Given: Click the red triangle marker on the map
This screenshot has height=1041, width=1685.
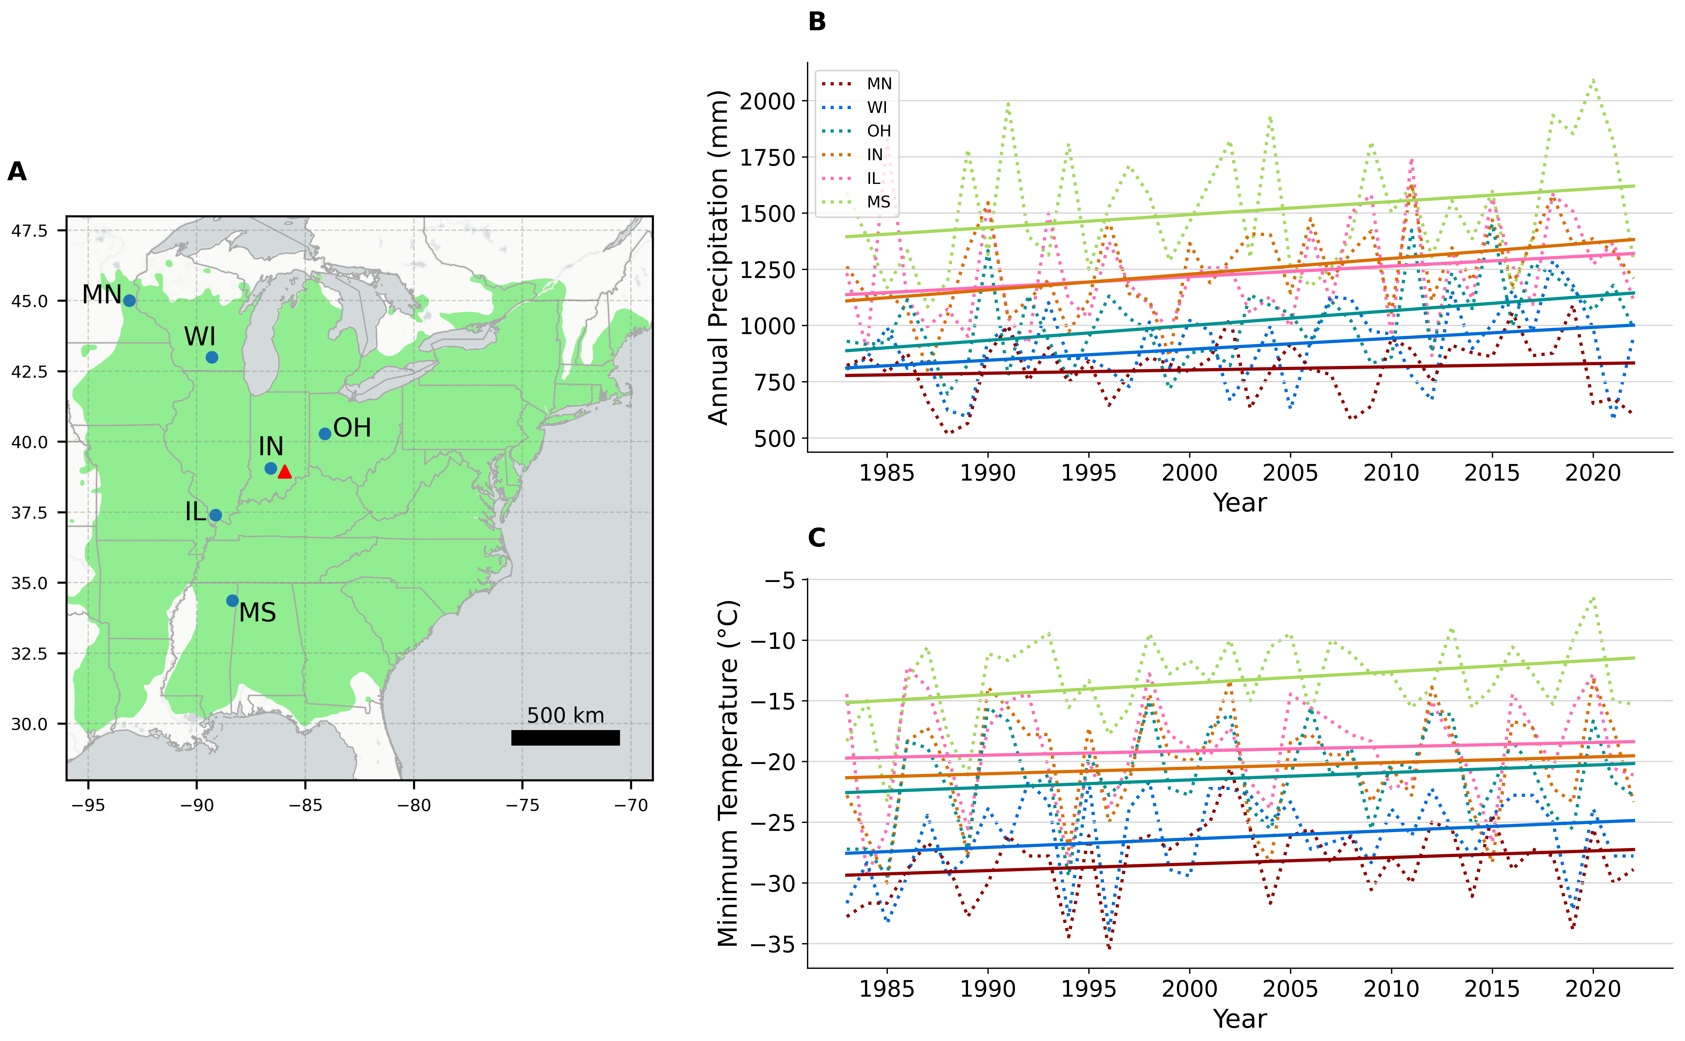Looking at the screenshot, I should point(284,472).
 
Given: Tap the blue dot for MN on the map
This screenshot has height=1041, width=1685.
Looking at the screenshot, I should point(129,301).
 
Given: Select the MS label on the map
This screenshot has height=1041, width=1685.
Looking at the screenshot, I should point(258,612).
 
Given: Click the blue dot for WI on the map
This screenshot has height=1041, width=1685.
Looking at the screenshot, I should point(212,357).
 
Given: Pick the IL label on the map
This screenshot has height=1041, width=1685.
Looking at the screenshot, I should point(196,512).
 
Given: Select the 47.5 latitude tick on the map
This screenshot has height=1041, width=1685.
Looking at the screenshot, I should point(30,231).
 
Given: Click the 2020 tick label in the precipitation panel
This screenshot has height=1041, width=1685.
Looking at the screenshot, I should point(1593,473).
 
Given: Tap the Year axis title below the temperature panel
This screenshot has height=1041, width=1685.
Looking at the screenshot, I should point(1239,1018).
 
